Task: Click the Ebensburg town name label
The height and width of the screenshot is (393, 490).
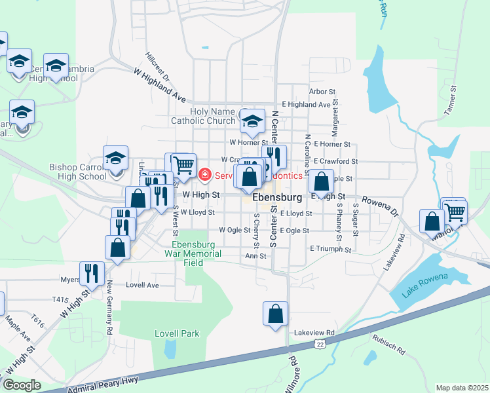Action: pos(277,196)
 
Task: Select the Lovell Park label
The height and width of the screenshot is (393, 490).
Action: pos(176,333)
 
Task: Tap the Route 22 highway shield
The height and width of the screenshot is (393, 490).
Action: pos(320,344)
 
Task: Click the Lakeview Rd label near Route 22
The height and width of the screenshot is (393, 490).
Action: pos(314,333)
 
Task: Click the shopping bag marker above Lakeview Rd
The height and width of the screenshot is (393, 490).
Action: pos(276,314)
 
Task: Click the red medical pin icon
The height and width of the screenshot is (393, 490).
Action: pos(205,175)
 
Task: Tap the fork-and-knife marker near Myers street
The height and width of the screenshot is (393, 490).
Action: pos(92,273)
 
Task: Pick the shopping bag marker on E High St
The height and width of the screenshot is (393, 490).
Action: pos(320,181)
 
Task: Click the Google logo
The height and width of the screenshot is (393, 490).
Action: pos(22,385)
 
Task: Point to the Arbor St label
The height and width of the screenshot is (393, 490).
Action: pos(322,92)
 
